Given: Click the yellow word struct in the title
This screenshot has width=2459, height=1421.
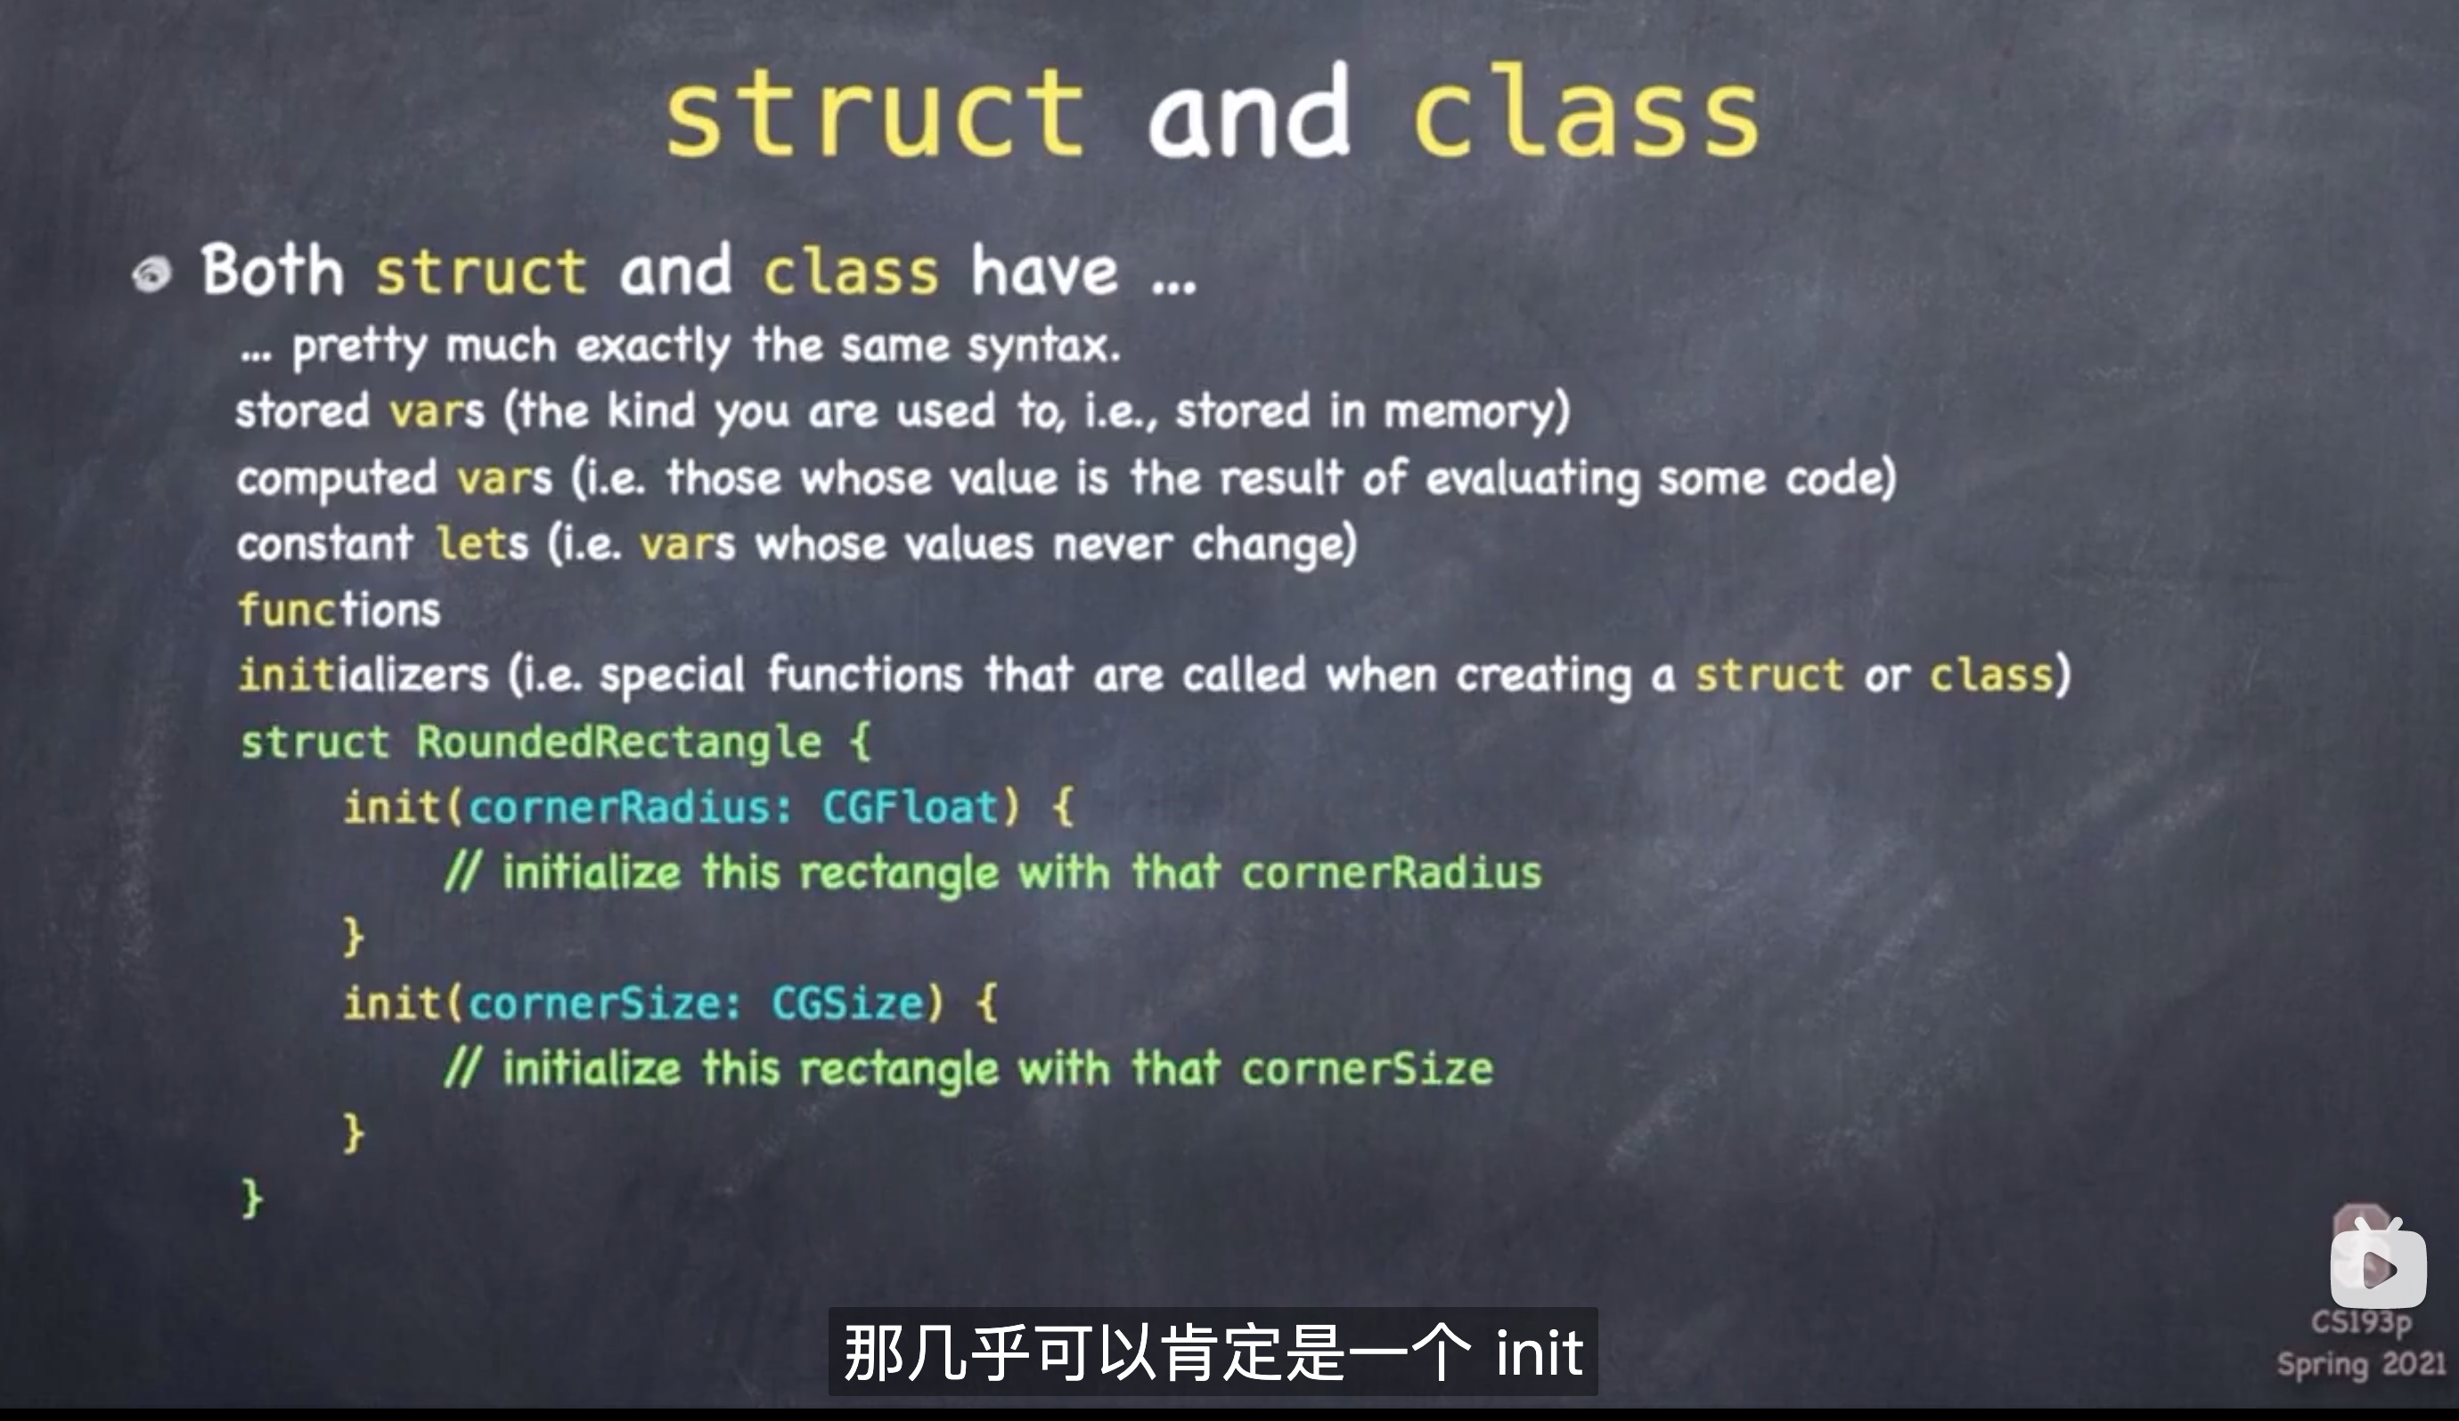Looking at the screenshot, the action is (875, 115).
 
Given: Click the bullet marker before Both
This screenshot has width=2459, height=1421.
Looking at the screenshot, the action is (151, 275).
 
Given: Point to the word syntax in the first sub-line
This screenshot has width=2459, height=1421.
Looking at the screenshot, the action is (1043, 347).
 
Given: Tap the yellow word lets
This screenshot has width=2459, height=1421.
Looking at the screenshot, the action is (482, 543).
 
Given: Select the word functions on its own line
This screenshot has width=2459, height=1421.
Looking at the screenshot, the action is (339, 609).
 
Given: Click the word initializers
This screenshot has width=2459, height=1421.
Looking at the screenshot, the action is (363, 674).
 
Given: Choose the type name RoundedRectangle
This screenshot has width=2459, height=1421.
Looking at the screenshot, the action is (618, 743).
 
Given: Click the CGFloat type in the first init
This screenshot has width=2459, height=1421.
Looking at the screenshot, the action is (911, 807).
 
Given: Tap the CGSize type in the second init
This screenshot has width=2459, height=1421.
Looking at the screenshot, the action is (848, 1003).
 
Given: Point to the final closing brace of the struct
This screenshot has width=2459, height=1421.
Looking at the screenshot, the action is (252, 1198).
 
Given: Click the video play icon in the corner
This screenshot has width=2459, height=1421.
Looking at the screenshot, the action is (2379, 1267).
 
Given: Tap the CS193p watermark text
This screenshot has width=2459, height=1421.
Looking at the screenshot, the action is (2360, 1323).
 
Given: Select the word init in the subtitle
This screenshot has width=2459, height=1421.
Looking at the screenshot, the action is (1539, 1352).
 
